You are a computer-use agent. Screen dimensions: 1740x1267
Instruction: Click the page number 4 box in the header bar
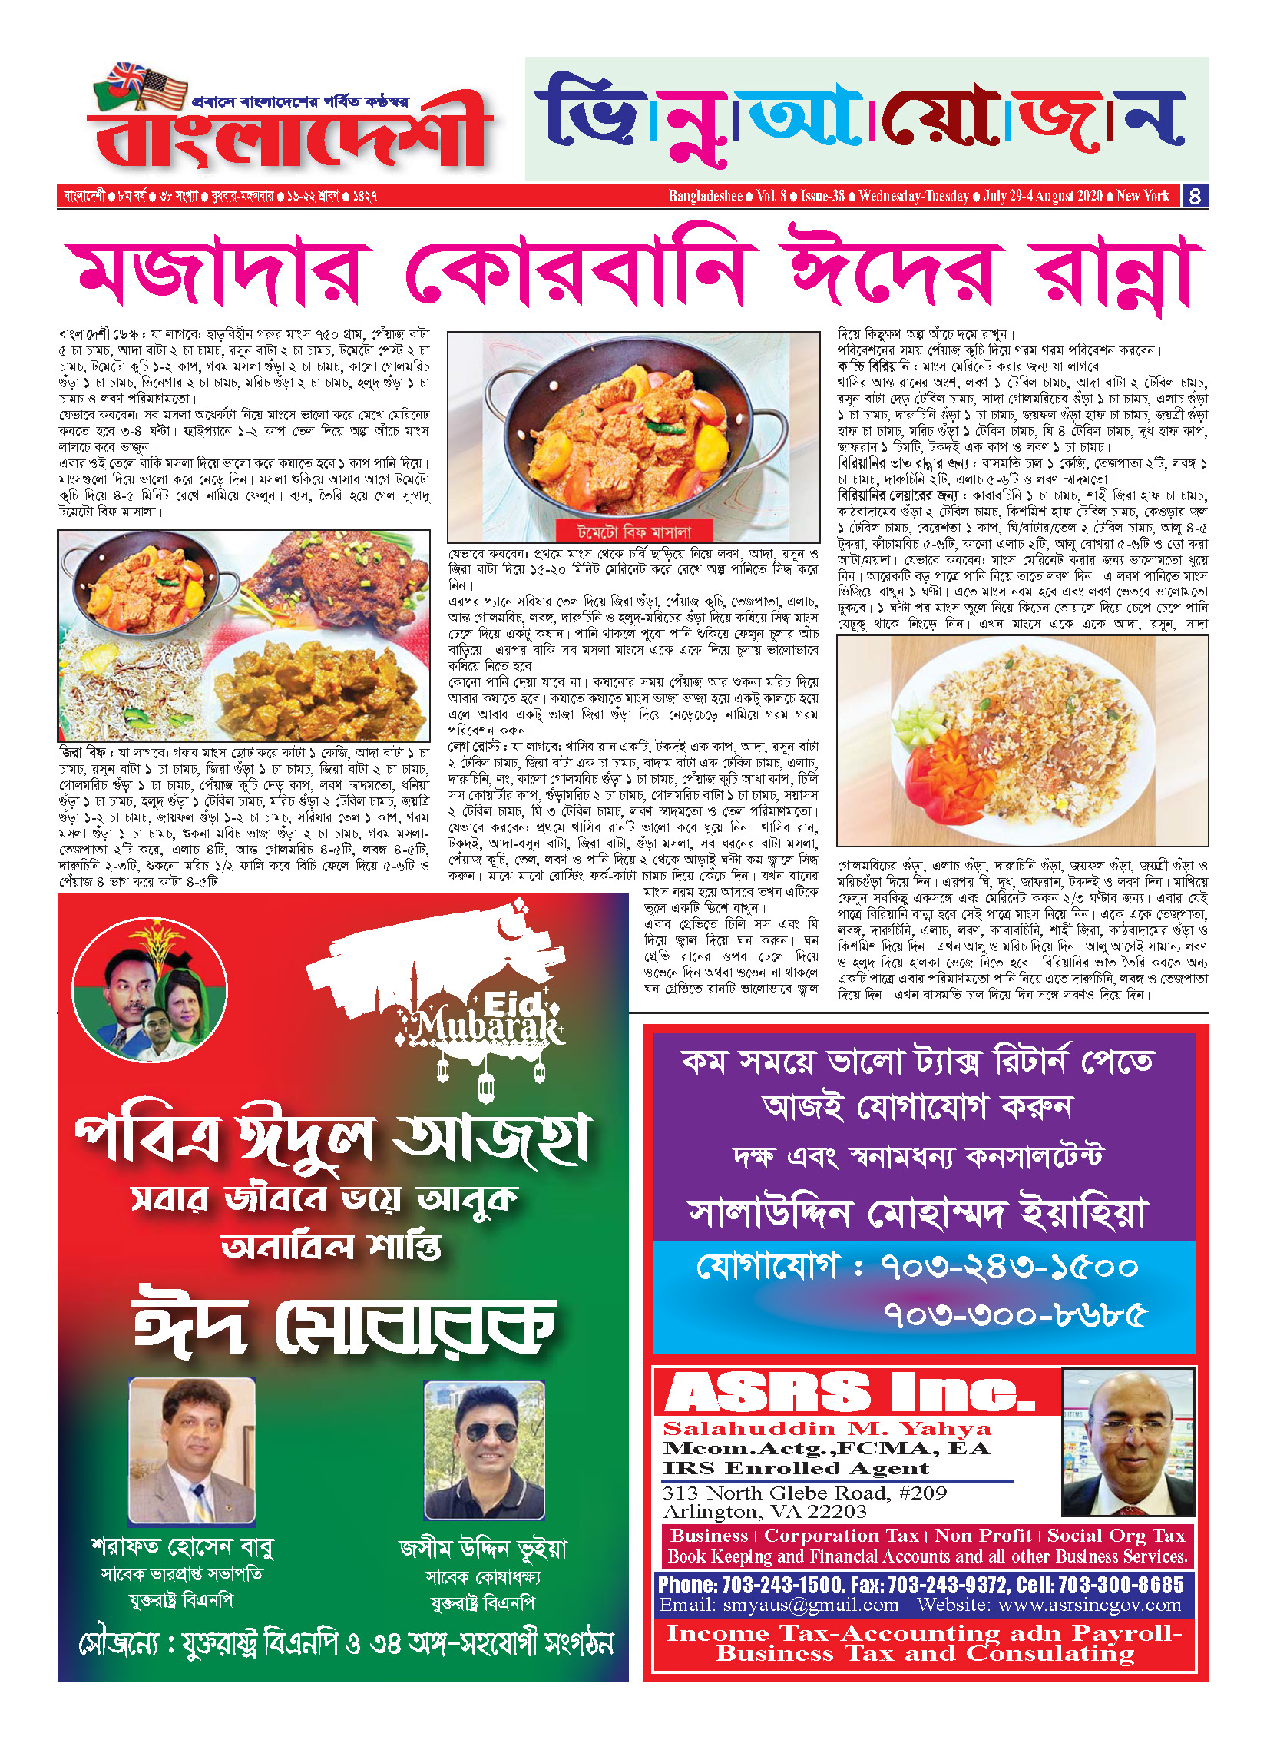click(1194, 196)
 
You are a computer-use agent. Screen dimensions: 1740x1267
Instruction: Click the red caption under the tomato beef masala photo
click(633, 532)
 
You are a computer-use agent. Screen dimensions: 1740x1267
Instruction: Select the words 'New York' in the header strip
click(1143, 196)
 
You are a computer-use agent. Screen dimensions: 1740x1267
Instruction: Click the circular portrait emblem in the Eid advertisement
click(150, 989)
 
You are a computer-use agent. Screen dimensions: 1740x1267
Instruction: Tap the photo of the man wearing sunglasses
click(485, 1450)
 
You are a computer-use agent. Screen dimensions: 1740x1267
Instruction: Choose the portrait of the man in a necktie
click(191, 1450)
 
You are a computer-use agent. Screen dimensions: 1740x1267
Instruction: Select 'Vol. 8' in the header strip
click(771, 196)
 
